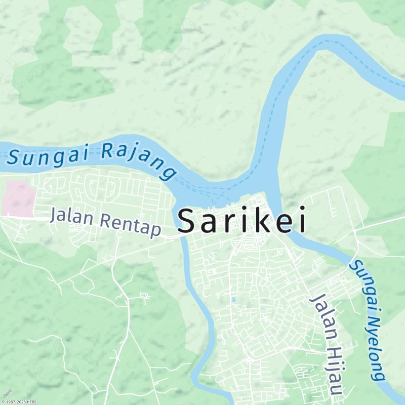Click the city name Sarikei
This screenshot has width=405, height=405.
pos(242,222)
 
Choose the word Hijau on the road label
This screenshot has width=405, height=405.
pos(334,370)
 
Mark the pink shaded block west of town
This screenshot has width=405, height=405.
pos(18,198)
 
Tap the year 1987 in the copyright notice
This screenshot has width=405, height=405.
pos(8,402)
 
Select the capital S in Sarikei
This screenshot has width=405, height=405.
pos(187,222)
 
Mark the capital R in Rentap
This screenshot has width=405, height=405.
pos(105,220)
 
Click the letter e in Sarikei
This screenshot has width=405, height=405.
pos(282,223)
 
